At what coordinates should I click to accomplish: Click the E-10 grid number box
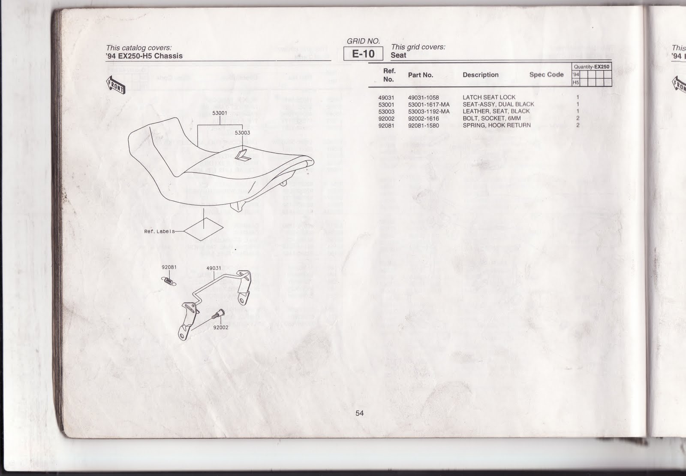click(x=363, y=54)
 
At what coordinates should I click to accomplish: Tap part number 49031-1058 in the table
click(x=423, y=97)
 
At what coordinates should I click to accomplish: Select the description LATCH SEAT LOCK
click(x=489, y=97)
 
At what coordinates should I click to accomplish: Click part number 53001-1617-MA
click(x=428, y=104)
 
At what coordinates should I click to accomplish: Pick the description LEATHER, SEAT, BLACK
click(x=496, y=111)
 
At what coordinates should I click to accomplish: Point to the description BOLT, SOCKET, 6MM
click(x=491, y=118)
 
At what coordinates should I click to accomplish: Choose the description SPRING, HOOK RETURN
click(x=496, y=125)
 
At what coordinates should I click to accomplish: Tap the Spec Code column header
click(x=546, y=75)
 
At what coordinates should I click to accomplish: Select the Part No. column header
click(x=420, y=75)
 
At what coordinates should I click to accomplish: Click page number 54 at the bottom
click(x=359, y=413)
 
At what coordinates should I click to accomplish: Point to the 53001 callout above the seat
click(x=220, y=113)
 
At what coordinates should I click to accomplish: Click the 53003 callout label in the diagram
click(x=242, y=133)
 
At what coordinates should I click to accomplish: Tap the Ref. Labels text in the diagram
click(x=159, y=232)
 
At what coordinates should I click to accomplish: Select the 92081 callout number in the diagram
click(x=169, y=267)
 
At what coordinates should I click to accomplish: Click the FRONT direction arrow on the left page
click(x=115, y=85)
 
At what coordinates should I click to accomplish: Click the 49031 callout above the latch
click(x=214, y=268)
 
